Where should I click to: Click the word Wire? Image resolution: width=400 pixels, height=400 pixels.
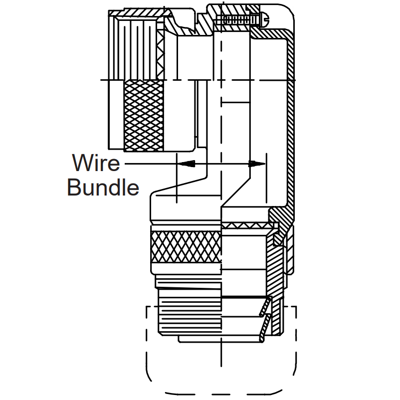coord(96,163)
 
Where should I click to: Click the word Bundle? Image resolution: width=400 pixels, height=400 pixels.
coord(103,188)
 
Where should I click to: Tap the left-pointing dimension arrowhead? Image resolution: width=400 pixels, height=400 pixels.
coord(186,164)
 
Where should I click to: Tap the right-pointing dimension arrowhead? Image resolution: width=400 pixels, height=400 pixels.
coord(257,164)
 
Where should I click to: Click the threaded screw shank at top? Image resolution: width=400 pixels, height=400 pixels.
coord(237,19)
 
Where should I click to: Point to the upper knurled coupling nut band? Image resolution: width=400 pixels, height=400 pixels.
coord(144,116)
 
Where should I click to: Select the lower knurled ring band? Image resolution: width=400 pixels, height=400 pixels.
coord(186,246)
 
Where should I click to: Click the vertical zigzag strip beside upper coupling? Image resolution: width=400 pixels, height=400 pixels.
coord(161,55)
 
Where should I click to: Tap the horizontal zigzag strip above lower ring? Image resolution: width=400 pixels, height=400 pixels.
coord(246,225)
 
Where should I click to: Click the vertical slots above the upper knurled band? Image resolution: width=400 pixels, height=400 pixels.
coord(138,48)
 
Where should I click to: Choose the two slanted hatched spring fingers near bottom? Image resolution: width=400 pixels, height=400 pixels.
coord(265,319)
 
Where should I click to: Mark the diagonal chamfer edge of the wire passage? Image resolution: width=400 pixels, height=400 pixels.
coord(235,192)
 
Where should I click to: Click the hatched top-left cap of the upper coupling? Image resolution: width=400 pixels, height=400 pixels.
coord(139,13)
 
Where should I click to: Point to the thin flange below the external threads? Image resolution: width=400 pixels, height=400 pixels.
coord(220,339)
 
